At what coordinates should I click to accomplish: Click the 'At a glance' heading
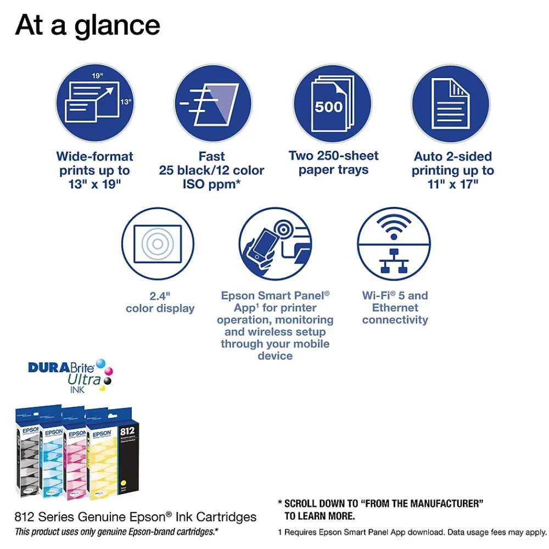88,25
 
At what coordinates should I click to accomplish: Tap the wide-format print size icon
94,103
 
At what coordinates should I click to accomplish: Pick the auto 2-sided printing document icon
450,103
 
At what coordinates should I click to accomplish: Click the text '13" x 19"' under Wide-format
94,185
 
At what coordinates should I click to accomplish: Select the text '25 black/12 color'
212,171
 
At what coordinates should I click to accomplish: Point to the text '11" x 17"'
453,185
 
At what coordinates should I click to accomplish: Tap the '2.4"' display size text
160,296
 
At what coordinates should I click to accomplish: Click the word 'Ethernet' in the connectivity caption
395,308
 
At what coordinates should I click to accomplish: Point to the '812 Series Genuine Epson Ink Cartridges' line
135,517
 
